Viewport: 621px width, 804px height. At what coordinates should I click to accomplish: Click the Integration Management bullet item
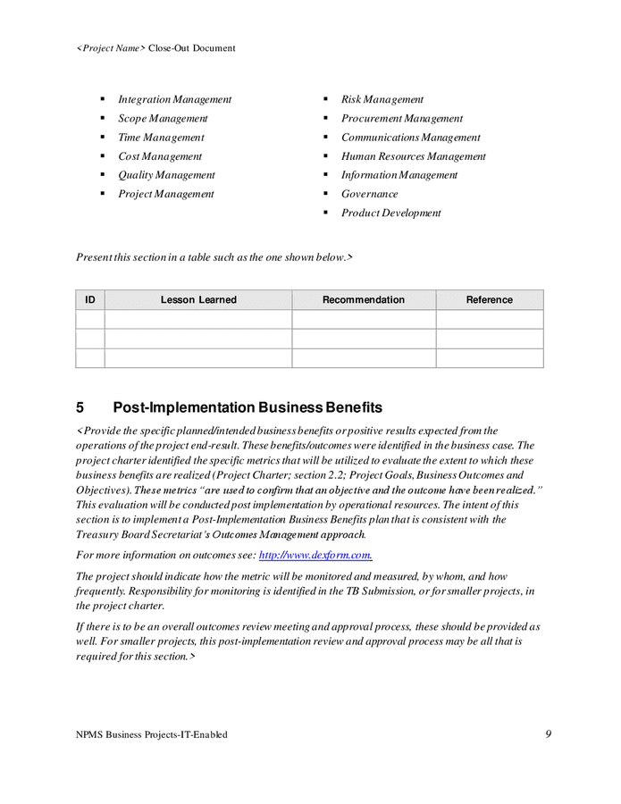(174, 99)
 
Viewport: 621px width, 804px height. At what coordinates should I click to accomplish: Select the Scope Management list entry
(163, 118)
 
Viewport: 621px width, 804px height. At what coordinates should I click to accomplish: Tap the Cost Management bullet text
(160, 156)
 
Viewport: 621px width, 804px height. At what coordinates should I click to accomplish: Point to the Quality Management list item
(166, 175)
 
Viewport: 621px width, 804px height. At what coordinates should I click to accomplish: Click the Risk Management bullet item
(382, 99)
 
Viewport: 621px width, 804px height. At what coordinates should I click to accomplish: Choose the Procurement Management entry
(401, 118)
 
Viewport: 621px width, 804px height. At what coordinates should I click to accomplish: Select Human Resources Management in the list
(413, 156)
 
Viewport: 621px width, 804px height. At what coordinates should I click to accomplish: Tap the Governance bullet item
(369, 194)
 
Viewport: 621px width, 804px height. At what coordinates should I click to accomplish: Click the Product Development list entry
(390, 213)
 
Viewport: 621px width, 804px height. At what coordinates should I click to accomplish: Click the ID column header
(90, 300)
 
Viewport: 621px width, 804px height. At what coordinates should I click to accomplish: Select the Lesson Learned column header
(198, 300)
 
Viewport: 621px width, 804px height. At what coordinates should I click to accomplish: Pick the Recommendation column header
(363, 300)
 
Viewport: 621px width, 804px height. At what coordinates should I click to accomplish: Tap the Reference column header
(489, 300)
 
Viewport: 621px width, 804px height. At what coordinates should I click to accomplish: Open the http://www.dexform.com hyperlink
(315, 555)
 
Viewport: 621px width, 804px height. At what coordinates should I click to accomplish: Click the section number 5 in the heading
(80, 407)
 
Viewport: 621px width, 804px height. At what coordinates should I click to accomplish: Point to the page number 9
(548, 734)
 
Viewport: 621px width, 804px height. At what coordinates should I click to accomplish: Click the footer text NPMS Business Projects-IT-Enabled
(152, 734)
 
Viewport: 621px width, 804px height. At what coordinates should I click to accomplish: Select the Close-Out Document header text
(191, 48)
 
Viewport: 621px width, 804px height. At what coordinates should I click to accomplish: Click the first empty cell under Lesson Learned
(198, 320)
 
